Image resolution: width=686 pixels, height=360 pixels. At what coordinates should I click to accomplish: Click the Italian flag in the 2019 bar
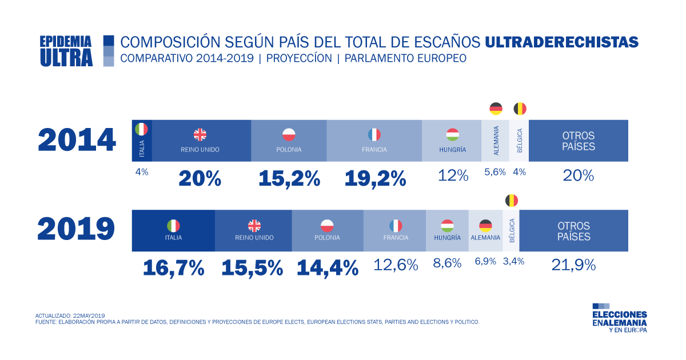(x=173, y=226)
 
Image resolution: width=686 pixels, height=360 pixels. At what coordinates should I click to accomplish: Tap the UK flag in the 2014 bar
(x=200, y=135)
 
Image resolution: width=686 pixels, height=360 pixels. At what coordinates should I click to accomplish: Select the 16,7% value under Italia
(x=173, y=267)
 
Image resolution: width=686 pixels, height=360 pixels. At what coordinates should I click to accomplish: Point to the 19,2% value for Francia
(x=375, y=178)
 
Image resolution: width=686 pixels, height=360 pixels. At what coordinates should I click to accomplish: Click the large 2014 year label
(x=77, y=141)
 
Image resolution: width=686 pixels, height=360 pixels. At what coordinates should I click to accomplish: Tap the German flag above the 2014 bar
(x=496, y=109)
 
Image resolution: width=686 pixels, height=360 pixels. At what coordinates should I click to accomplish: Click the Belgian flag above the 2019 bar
(x=512, y=201)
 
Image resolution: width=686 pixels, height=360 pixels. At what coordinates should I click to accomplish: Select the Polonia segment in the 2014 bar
(x=289, y=141)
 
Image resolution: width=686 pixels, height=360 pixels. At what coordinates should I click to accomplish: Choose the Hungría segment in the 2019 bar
(x=447, y=231)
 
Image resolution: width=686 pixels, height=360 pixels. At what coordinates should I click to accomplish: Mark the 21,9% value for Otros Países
(x=573, y=265)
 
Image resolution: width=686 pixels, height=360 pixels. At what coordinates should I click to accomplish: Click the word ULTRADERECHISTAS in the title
(x=561, y=42)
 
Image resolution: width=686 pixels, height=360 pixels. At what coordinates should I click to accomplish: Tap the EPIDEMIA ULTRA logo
(x=66, y=51)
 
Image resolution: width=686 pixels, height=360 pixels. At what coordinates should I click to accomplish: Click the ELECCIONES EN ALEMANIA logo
(x=620, y=318)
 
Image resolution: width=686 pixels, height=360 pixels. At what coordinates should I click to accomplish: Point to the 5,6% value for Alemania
(x=495, y=171)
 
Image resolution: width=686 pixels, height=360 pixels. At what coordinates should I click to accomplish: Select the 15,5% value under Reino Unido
(x=252, y=267)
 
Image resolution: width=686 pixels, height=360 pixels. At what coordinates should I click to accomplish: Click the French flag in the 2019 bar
(x=396, y=226)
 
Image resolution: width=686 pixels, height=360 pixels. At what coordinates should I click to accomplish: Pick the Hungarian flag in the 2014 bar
(x=453, y=135)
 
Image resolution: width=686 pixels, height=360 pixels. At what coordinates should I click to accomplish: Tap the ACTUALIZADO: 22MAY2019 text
(x=70, y=315)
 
